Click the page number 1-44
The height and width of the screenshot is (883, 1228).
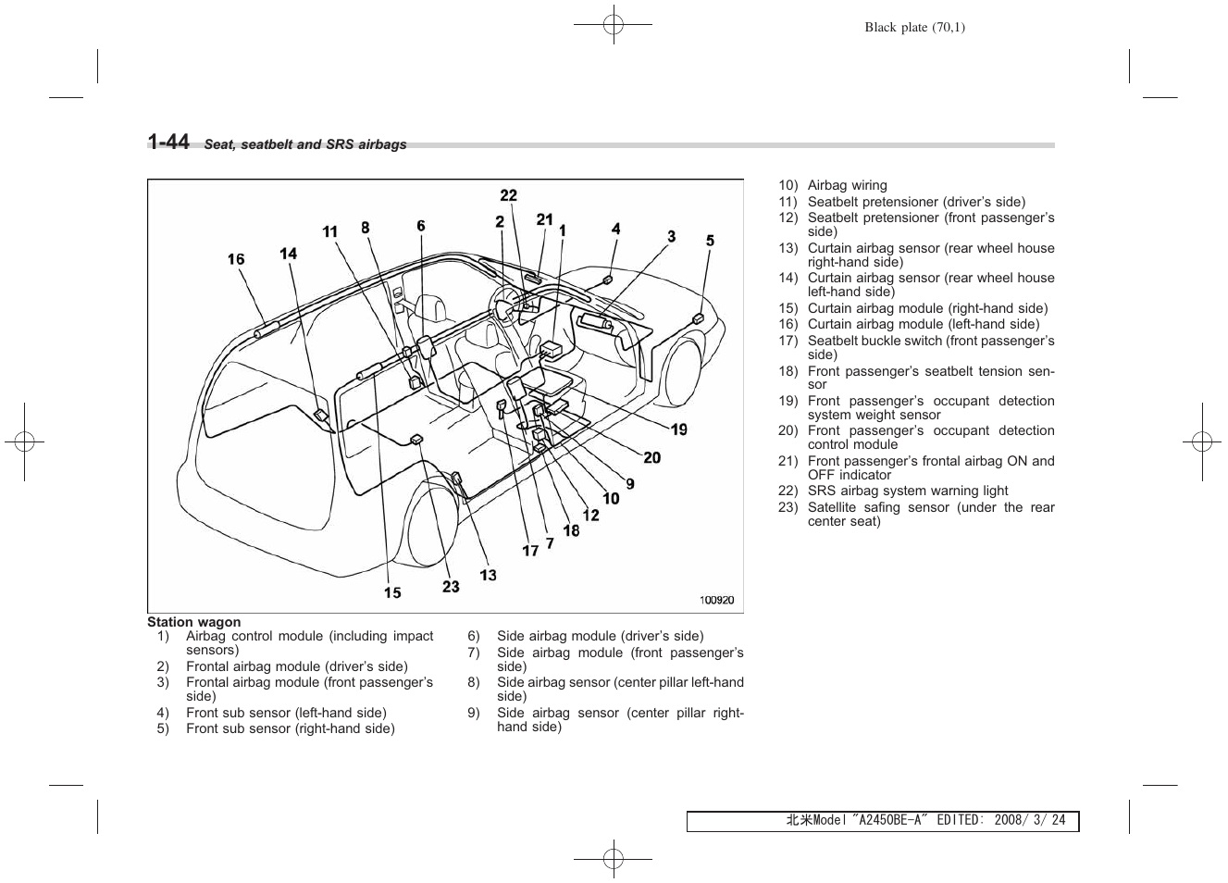[x=168, y=142]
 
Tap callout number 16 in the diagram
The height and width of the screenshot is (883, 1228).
[x=236, y=259]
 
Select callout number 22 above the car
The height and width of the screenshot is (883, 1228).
[x=509, y=195]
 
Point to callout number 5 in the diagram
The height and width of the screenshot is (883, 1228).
[x=710, y=241]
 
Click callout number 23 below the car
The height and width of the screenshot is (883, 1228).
[x=451, y=586]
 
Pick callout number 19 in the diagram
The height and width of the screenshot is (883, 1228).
[x=679, y=429]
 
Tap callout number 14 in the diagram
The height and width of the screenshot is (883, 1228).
[x=289, y=254]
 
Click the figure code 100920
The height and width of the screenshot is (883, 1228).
[x=716, y=600]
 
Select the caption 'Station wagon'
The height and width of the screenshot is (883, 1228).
[x=193, y=622]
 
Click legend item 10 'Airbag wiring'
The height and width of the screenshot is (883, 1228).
[x=847, y=185]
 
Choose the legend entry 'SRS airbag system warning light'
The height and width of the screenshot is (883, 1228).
[x=907, y=491]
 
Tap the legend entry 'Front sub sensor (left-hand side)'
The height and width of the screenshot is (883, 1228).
[x=286, y=713]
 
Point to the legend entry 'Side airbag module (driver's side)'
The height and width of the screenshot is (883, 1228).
[x=600, y=636]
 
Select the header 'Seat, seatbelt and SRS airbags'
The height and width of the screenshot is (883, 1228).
[x=305, y=144]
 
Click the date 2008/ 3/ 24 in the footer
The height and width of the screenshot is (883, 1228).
[x=1027, y=820]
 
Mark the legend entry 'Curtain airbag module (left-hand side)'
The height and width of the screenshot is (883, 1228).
[x=923, y=324]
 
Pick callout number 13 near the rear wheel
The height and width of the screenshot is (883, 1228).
[x=488, y=575]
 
